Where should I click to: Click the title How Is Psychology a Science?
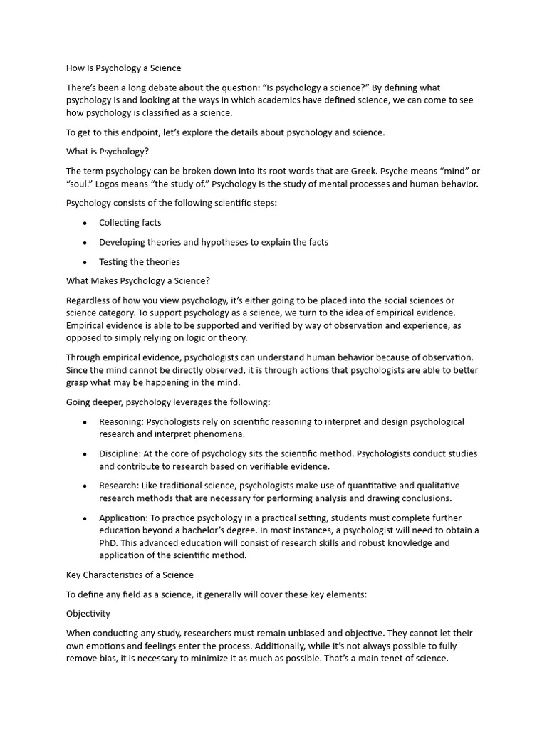point(123,68)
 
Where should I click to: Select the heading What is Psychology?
point(108,151)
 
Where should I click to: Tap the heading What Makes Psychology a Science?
point(138,281)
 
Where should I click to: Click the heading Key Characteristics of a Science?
point(130,575)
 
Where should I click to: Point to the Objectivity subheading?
point(88,613)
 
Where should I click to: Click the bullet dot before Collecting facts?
point(85,223)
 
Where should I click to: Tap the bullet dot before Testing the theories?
point(85,262)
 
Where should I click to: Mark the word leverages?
point(196,402)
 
